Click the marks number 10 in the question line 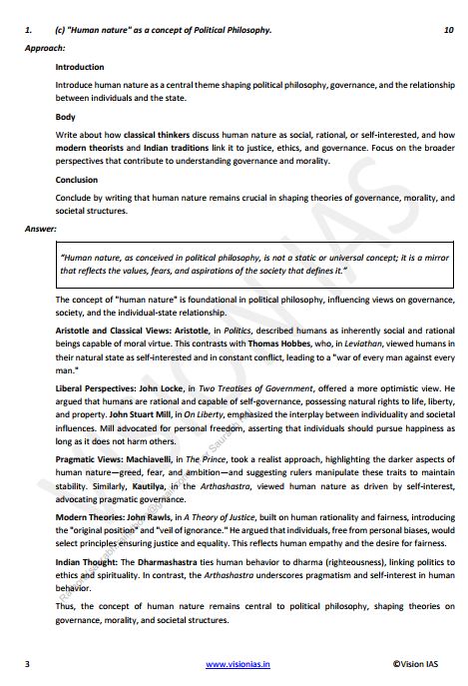coord(448,31)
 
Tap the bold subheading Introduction coord(80,67)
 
